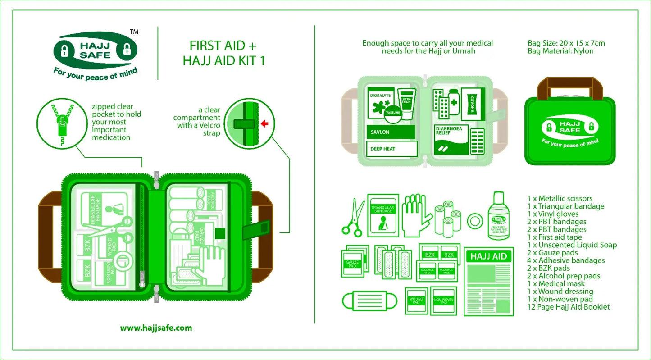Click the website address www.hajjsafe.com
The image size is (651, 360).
click(x=156, y=328)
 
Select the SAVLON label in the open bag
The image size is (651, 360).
click(x=390, y=132)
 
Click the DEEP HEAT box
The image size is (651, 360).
click(x=390, y=149)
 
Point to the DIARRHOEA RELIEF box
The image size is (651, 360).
click(x=451, y=140)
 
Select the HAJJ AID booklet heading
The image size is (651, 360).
click(x=489, y=256)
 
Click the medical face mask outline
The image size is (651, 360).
click(x=369, y=301)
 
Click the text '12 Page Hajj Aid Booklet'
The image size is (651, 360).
click(x=569, y=307)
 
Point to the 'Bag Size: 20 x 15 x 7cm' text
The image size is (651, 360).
click(x=566, y=43)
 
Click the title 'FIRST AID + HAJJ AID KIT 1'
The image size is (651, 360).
click(x=224, y=53)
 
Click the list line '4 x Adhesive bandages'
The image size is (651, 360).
click(x=566, y=260)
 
